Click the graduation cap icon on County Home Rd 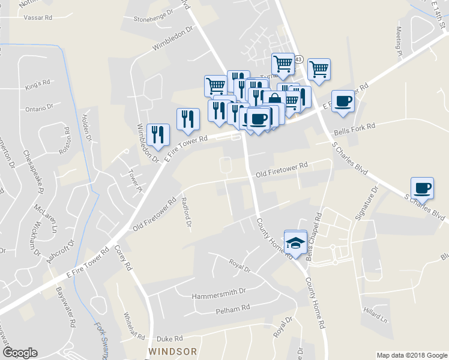(295, 242)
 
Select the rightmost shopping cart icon (319, 68)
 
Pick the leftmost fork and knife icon (158, 134)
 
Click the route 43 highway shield (298, 59)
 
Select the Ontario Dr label (39, 109)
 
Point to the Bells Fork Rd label (354, 127)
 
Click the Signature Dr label (366, 203)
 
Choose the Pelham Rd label (232, 309)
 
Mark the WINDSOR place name (173, 350)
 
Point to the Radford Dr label (187, 214)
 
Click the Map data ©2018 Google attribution (411, 355)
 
